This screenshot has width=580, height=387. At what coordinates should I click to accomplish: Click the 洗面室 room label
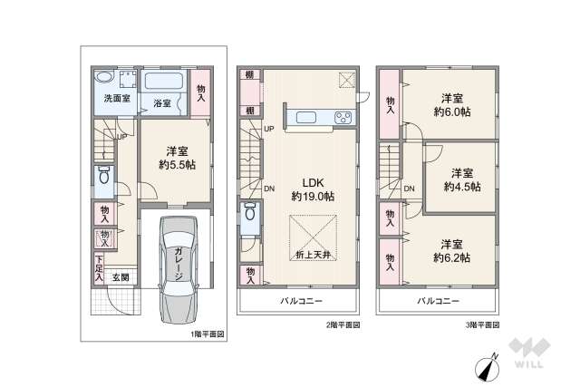(113, 97)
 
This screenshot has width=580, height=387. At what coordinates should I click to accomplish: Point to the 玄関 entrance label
(120, 277)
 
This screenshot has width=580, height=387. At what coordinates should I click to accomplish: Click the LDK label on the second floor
(302, 179)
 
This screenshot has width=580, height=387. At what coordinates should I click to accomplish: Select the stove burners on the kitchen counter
(343, 117)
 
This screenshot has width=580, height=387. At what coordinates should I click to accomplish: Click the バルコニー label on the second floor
(298, 300)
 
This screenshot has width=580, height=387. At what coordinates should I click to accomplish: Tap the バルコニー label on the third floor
(438, 300)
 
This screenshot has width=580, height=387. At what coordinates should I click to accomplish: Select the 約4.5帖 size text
(461, 187)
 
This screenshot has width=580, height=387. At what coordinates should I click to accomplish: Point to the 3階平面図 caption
(481, 324)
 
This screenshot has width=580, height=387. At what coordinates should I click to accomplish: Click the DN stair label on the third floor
(410, 189)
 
